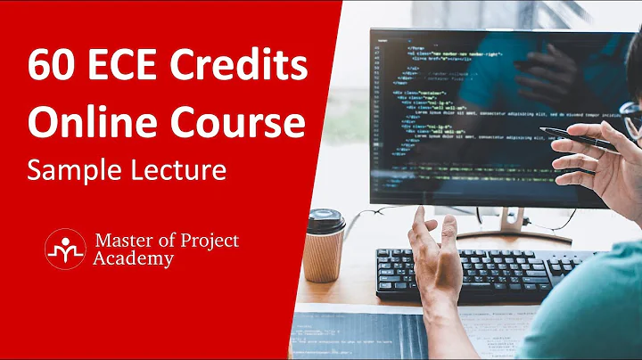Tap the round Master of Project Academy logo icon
[63, 249]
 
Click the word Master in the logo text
[119, 241]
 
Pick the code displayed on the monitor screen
[464, 107]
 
